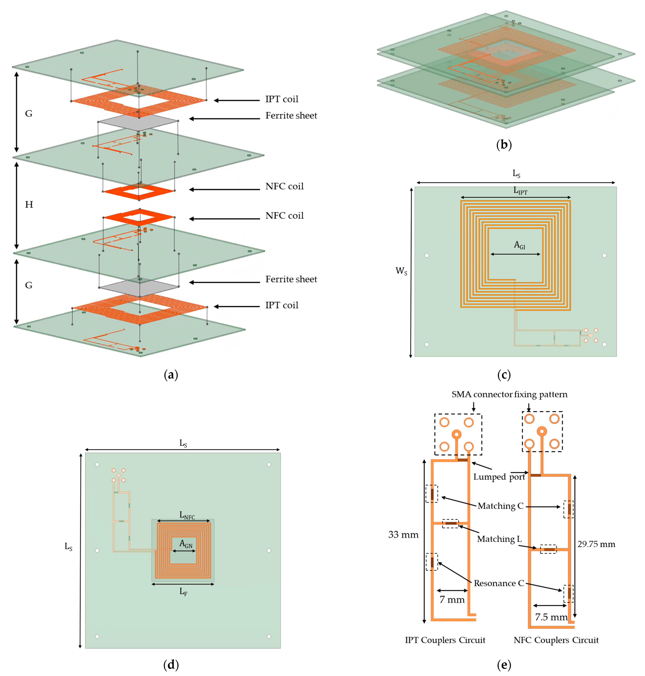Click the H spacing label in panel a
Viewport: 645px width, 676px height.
pos(29,205)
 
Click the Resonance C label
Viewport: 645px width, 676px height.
pos(499,584)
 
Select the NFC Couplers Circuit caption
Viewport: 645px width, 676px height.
pos(556,640)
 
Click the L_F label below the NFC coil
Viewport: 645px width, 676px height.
pos(183,592)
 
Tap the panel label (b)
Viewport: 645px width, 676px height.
pos(504,144)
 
